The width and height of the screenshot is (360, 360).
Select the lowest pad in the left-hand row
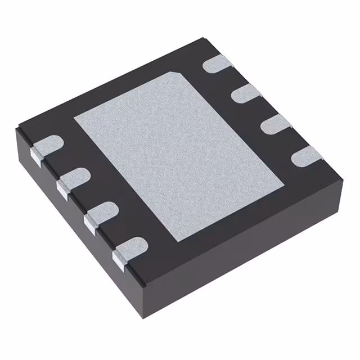click(130, 248)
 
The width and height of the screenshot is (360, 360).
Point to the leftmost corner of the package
click(15, 130)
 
